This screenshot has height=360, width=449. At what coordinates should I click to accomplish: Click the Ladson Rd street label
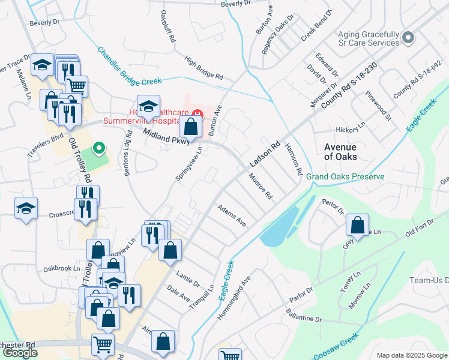point(265,154)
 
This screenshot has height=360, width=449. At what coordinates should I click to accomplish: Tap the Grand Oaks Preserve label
point(345,177)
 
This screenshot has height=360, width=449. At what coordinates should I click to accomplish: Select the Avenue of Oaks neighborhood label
point(340,152)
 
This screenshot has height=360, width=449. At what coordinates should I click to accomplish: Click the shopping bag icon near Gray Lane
point(357,226)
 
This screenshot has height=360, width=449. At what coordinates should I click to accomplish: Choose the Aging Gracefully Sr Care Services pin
point(409,38)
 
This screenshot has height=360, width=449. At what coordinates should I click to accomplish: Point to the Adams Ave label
point(232,215)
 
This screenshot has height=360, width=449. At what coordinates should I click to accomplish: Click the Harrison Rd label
point(293,159)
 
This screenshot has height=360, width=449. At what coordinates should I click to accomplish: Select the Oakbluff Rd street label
point(167,26)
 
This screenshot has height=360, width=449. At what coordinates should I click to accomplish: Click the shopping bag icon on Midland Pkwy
point(190,127)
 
